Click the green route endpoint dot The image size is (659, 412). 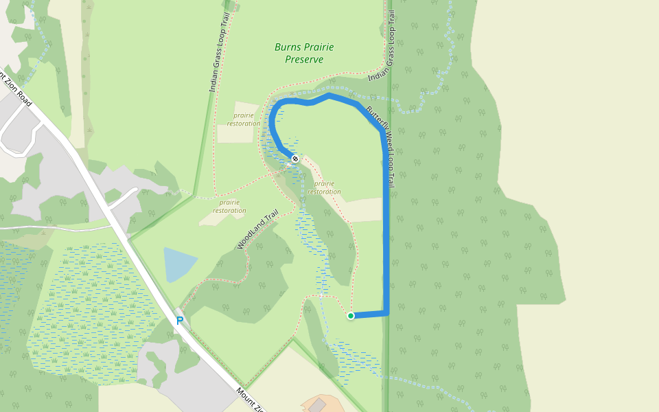click(x=351, y=316)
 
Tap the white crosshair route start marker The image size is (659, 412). click(x=295, y=159)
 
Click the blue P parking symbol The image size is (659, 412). click(x=180, y=321)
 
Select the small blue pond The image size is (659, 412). click(x=178, y=264)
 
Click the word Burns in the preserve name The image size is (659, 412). click(x=288, y=47)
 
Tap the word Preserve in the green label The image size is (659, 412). click(x=304, y=60)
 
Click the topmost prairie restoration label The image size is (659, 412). click(x=244, y=119)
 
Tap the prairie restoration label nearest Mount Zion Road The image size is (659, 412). click(x=229, y=207)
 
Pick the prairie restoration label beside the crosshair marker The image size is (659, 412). click(x=325, y=187)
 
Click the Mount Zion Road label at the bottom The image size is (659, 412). click(x=251, y=401)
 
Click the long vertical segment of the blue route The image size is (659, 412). click(x=386, y=227)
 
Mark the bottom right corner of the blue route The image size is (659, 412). click(x=386, y=313)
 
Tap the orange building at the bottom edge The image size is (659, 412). click(x=319, y=404)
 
